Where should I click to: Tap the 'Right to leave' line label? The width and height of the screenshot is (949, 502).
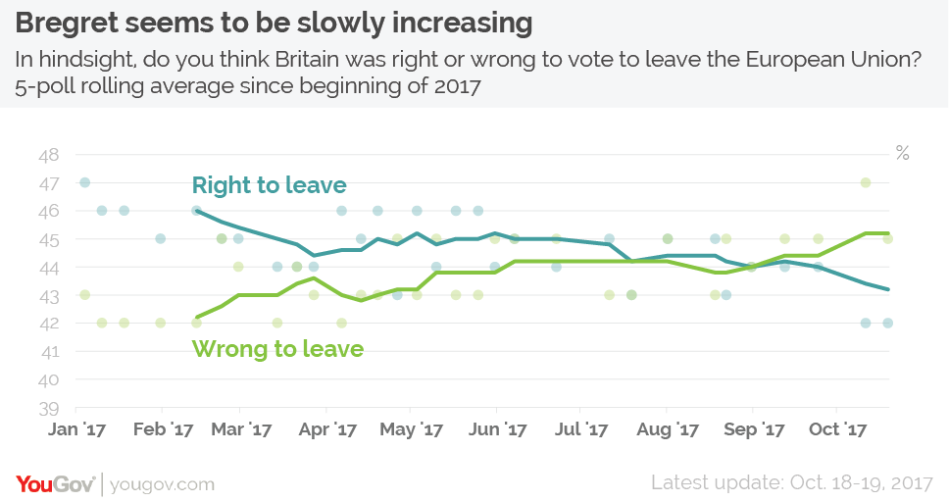point(269,185)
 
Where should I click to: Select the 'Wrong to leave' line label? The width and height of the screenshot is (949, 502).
point(277,348)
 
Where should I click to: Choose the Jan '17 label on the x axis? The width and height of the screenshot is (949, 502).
point(78,429)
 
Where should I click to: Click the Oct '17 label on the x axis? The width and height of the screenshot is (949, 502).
point(839,429)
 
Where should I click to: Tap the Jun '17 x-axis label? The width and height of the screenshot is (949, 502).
point(499,429)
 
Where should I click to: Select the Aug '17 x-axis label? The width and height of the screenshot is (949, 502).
point(670,429)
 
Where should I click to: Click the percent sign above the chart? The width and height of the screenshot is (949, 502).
point(902,153)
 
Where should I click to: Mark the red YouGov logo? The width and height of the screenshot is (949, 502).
point(55,483)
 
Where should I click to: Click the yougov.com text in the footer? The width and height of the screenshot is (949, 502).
point(162,484)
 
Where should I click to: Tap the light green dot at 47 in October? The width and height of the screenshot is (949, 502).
point(866,182)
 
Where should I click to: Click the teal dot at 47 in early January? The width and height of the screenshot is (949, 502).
point(84,182)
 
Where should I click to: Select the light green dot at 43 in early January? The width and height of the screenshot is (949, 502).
point(84,295)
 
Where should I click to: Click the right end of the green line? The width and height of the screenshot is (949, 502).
point(888,233)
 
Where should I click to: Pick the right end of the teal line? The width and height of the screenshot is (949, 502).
point(888,289)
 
